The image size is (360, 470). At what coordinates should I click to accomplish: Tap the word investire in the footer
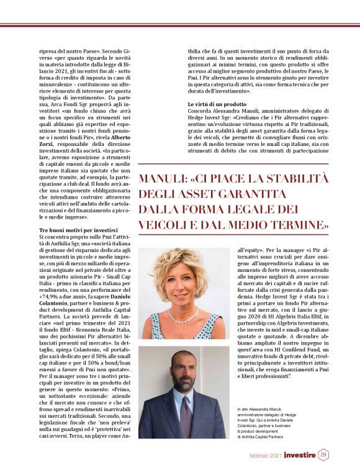(x=301, y=456)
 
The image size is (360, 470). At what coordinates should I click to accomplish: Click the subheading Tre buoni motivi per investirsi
(x=76, y=231)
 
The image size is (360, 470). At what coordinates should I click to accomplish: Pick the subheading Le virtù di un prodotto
(x=215, y=102)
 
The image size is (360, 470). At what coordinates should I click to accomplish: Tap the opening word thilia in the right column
(x=197, y=51)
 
